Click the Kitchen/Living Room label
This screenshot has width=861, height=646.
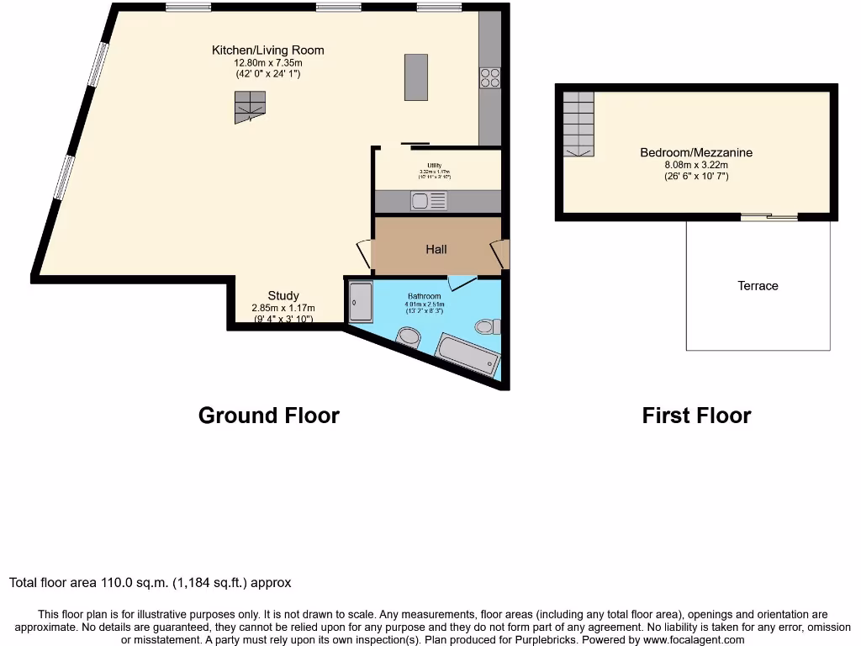click(267, 50)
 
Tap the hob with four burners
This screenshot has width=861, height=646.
click(489, 77)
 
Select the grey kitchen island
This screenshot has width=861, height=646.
click(415, 77)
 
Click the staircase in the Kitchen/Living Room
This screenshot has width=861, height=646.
click(250, 107)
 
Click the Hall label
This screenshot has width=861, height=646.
click(436, 249)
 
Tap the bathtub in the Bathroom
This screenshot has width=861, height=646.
click(468, 355)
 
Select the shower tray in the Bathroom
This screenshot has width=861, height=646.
click(360, 301)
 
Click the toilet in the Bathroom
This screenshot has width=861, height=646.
click(488, 326)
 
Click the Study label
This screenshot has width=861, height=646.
click(283, 295)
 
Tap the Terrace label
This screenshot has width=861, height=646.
click(758, 286)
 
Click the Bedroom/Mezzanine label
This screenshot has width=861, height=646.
click(696, 152)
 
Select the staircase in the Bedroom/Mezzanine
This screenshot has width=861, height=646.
click(578, 124)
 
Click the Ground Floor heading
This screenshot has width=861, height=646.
click(268, 416)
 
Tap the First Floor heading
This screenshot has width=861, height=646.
click(696, 416)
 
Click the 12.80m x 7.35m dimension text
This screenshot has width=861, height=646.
click(268, 62)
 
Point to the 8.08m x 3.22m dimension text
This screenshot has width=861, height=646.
click(696, 165)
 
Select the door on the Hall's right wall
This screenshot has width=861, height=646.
click(501, 253)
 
